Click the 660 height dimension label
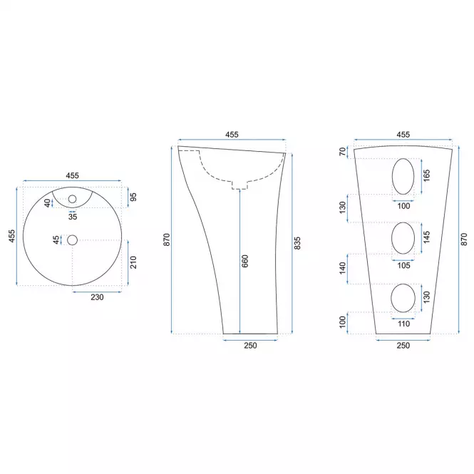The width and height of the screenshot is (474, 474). [x=245, y=261]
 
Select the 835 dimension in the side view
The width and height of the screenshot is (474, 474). [x=297, y=243]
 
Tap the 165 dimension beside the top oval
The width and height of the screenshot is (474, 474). [x=426, y=175]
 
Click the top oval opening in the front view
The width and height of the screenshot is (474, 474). [x=403, y=176]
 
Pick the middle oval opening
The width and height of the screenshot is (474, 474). [x=403, y=238]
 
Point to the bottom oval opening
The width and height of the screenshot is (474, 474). [x=403, y=298]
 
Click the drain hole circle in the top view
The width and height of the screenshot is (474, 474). [x=72, y=240]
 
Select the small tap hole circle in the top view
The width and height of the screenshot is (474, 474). [x=72, y=199]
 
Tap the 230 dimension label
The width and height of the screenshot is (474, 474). [x=97, y=297]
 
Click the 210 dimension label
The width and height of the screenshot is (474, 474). [x=133, y=262]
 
